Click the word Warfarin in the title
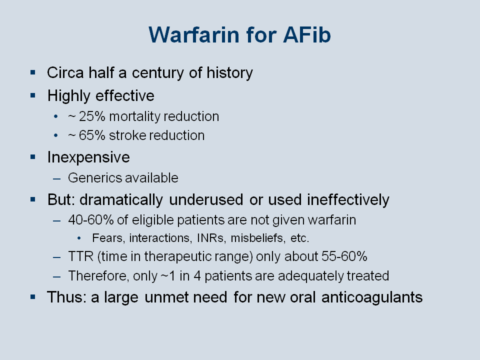pos(194,35)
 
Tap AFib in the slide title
pos(307,35)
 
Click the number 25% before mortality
pos(92,116)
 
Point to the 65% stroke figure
pos(92,135)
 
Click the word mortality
pos(134,117)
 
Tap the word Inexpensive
pos(88,157)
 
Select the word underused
pos(206,199)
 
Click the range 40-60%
pos(91,220)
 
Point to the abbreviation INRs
pos(210,238)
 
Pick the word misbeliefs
pos(257,238)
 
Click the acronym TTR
pos(81,256)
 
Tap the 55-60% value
pos(344,256)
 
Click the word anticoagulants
pos(372,297)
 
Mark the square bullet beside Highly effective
pos(33,95)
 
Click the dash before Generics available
pos(56,179)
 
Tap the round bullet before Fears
pos(79,238)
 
